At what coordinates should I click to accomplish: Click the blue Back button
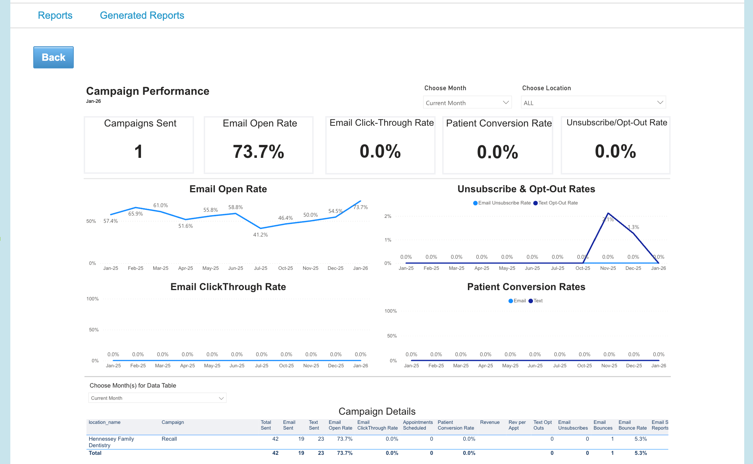coord(54,57)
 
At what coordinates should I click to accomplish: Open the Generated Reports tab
coord(142,15)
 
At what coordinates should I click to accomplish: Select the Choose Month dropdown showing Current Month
coord(467,103)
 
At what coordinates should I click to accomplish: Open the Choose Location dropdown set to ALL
coord(593,103)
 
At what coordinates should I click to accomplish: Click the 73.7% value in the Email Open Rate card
coord(258,152)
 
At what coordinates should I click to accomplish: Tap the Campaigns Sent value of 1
coord(138,152)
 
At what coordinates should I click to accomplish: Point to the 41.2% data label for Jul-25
coord(260,235)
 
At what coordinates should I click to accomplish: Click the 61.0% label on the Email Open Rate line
coord(161,205)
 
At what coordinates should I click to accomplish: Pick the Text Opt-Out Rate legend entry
coord(558,203)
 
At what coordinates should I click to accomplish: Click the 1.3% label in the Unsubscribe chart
coord(633,227)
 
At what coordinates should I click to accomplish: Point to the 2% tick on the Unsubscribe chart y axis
coord(388,216)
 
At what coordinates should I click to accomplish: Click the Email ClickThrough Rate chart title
coord(228,287)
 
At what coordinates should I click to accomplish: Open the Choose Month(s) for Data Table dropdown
coord(157,398)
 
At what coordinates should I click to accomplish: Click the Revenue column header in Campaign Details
coord(490,422)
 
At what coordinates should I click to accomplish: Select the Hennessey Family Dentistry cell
coord(111,442)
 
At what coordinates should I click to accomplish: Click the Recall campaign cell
coord(169,439)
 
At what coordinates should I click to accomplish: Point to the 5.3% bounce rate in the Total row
coord(641,453)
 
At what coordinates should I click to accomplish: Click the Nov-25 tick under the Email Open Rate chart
coord(310,268)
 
